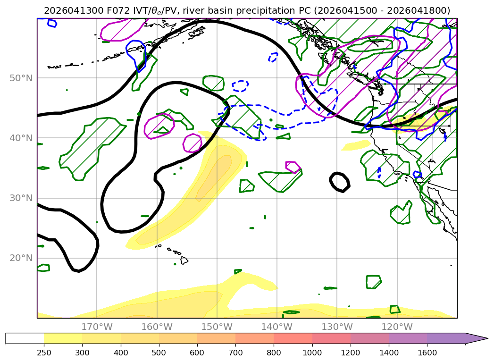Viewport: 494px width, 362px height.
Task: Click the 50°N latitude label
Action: (21, 78)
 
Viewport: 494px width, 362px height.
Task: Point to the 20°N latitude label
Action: (21, 258)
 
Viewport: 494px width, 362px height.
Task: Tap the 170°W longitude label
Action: (97, 327)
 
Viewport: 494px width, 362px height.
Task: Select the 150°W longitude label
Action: (217, 327)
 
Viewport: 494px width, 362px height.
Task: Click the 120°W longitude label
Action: (397, 327)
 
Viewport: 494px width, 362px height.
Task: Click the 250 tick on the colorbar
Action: (44, 353)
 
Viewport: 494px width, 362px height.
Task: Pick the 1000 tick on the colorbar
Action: (312, 353)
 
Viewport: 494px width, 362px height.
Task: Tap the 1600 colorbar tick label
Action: (427, 353)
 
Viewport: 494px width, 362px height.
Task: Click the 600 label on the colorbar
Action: (197, 353)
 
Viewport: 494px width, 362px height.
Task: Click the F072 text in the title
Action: (118, 11)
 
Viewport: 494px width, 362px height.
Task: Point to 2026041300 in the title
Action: (74, 11)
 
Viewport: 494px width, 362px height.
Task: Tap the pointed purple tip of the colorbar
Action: (487, 339)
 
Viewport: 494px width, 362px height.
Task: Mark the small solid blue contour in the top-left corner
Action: (52, 23)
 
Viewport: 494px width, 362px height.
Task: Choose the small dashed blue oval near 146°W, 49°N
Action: (240, 86)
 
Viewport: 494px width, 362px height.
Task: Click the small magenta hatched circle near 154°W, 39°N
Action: (192, 143)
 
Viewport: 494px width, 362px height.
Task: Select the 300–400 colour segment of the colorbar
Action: (101, 339)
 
